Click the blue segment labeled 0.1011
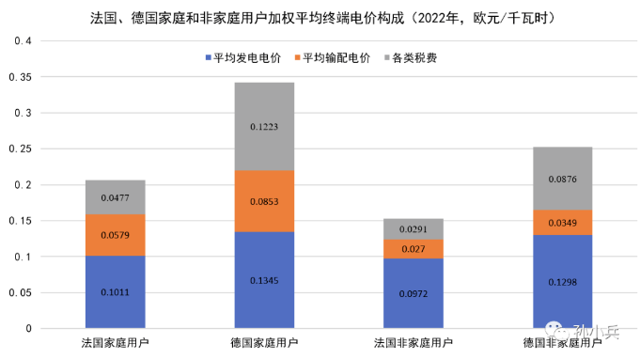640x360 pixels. tap(115, 291)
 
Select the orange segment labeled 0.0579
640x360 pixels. tap(115, 235)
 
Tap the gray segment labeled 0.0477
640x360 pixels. tap(115, 197)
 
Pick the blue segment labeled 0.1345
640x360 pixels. tap(264, 279)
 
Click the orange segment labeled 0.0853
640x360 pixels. tap(264, 200)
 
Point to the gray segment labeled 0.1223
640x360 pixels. tap(264, 126)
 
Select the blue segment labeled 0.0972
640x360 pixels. tap(414, 293)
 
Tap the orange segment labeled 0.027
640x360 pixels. tap(414, 249)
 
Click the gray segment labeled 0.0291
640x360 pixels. tap(414, 228)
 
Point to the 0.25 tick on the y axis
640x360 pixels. tap(20, 149)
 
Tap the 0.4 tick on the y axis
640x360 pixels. tap(23, 41)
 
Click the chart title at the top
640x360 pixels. tap(320, 17)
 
